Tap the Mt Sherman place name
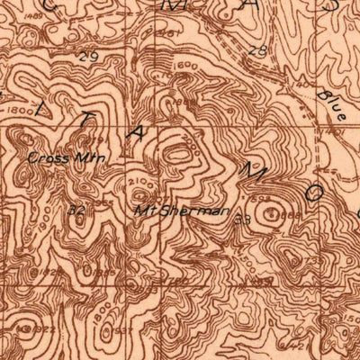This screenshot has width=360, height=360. coord(168,211)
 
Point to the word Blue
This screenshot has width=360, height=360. coord(333,104)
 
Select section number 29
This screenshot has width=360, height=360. coord(88,57)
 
